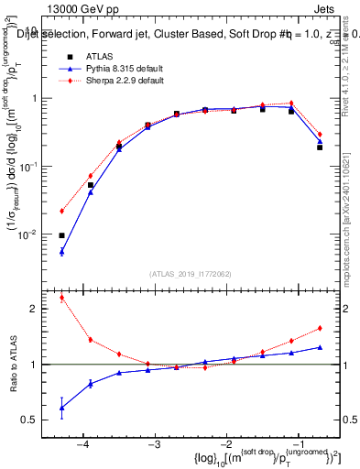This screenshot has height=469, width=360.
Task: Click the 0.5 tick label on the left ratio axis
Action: point(34,420)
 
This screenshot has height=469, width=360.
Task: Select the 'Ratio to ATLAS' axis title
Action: point(12,365)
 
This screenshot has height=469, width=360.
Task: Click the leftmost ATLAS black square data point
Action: point(61,235)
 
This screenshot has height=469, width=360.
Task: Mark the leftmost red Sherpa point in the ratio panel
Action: point(61,298)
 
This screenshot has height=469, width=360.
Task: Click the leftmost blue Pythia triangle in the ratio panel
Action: point(61,408)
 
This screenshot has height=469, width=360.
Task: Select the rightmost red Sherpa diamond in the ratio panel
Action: point(320,328)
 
